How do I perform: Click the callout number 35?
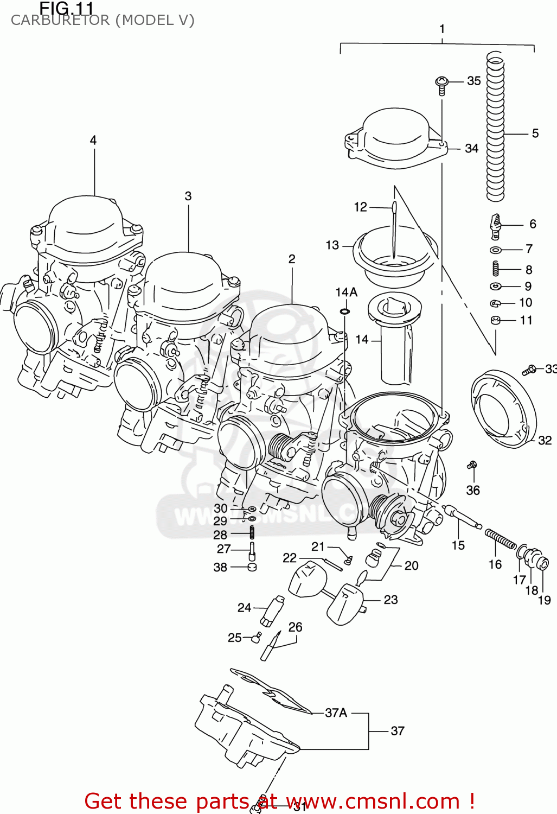[x=473, y=81]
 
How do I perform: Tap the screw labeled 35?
[x=442, y=84]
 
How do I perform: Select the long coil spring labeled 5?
[x=495, y=128]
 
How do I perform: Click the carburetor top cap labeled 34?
[x=396, y=138]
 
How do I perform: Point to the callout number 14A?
[x=346, y=292]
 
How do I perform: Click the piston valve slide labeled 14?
[x=395, y=339]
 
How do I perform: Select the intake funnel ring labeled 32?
[x=503, y=410]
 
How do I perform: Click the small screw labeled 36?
[x=472, y=465]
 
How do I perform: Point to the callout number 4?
[x=93, y=140]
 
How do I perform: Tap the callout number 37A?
[x=336, y=713]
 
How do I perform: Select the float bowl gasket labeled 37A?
[x=271, y=692]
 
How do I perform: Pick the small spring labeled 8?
[x=495, y=269]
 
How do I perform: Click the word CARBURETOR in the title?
[x=60, y=21]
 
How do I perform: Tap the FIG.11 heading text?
[x=66, y=8]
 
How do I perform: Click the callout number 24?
[x=244, y=607]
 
